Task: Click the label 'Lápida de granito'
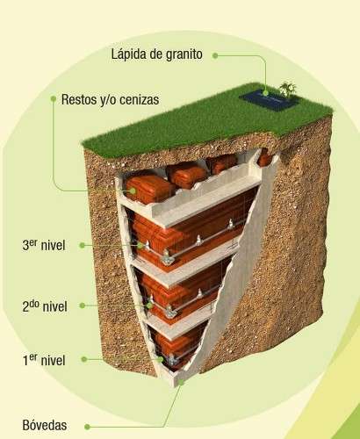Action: (156, 54)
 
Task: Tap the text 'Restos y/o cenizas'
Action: (110, 99)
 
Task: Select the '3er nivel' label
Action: (44, 245)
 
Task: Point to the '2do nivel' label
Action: (45, 306)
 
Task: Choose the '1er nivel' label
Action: (44, 360)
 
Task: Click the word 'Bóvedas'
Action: (45, 425)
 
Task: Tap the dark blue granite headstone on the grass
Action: (269, 100)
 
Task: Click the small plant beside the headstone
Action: (288, 89)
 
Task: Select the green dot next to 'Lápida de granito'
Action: (215, 55)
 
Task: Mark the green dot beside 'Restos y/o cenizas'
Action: (54, 98)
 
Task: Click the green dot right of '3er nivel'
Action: (83, 245)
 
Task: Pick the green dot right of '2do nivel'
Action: (83, 306)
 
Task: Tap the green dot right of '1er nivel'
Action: (84, 359)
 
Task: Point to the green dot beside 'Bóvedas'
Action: (87, 427)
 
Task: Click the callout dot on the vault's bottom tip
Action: (181, 382)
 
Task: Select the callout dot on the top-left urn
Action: (133, 191)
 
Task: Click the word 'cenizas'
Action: (140, 100)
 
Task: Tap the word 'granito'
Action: (184, 55)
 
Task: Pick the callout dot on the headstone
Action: (265, 93)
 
